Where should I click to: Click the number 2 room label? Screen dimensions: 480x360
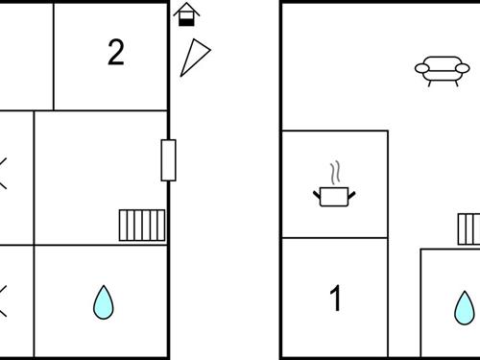pos(116,52)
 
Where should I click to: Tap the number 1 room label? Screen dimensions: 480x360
pos(336,298)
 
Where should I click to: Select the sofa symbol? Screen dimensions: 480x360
pos(443,71)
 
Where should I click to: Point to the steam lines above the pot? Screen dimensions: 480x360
pos(335,173)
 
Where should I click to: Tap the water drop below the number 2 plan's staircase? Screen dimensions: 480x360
pos(104,302)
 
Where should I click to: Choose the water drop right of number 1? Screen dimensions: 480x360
pos(465,308)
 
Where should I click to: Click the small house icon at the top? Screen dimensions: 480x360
pos(186,14)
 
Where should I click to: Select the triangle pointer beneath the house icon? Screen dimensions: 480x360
pos(194,58)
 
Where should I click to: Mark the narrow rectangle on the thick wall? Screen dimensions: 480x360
pos(168,160)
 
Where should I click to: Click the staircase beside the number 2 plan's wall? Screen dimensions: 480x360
pos(142,226)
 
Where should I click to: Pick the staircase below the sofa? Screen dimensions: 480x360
pos(469,229)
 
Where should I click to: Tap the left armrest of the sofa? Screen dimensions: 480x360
pos(422,68)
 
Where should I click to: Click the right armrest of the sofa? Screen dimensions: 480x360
pos(463,68)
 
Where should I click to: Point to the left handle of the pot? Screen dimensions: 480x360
pos(317,194)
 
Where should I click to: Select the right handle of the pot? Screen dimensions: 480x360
pos(351,194)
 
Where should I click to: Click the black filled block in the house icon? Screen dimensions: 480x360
pos(186,22)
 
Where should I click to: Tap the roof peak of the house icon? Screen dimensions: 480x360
pos(186,3)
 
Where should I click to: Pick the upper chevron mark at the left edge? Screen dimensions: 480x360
pos(3,173)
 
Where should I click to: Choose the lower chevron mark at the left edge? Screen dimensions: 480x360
pos(3,301)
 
